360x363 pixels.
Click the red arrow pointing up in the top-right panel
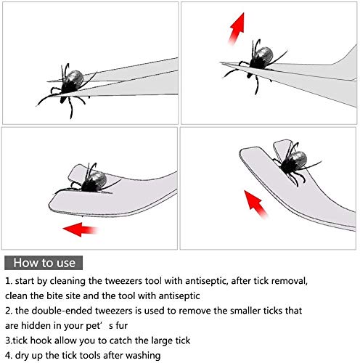click(x=237, y=28)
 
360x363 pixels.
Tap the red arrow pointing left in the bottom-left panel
click(x=81, y=229)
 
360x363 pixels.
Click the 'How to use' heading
click(x=44, y=263)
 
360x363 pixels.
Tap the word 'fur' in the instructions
click(x=122, y=325)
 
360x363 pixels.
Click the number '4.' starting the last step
click(x=9, y=356)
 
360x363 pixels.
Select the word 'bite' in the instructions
click(x=55, y=296)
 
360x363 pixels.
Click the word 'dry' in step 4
click(x=22, y=356)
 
